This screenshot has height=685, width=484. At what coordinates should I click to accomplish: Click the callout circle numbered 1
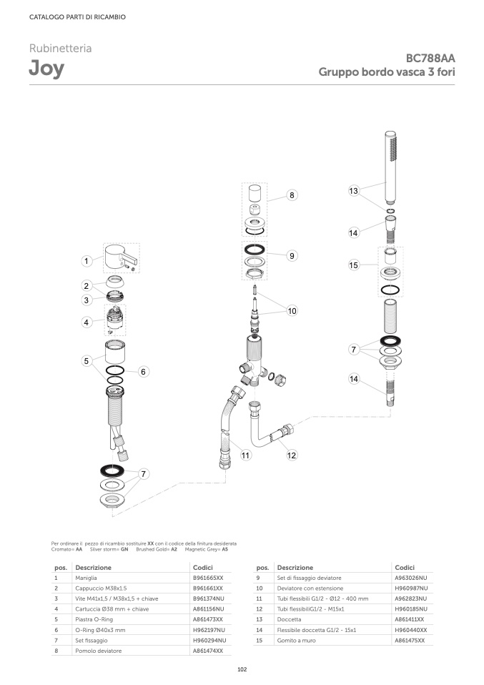click(x=87, y=261)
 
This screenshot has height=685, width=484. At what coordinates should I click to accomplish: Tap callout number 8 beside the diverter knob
click(x=292, y=195)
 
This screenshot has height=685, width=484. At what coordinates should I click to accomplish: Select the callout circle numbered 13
click(x=353, y=191)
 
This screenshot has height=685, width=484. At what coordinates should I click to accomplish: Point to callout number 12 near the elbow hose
click(x=292, y=455)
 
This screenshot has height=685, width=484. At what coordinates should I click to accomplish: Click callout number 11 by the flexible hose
click(x=245, y=455)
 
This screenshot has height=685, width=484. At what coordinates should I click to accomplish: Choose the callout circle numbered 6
click(x=143, y=372)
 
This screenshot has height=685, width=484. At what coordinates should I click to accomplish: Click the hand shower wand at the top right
click(x=390, y=167)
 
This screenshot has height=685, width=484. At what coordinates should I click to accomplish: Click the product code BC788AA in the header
click(x=430, y=58)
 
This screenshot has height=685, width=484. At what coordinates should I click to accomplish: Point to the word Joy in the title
click(x=46, y=69)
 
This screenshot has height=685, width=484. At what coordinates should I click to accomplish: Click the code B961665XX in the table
click(x=208, y=578)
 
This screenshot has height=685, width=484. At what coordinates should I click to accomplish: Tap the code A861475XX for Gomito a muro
click(x=410, y=641)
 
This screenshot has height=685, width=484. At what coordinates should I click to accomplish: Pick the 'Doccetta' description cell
click(x=289, y=619)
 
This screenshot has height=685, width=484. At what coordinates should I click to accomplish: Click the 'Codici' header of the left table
click(x=203, y=568)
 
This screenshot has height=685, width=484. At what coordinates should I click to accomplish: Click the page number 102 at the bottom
click(x=242, y=669)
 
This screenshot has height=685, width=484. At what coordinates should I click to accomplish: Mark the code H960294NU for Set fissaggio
click(x=209, y=641)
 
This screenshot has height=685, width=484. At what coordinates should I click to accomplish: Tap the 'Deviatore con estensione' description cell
click(x=310, y=588)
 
